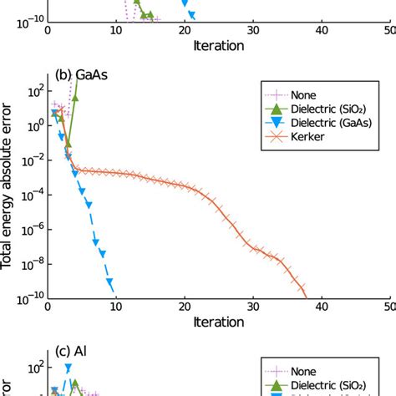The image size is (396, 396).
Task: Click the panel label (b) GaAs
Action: coord(81,74)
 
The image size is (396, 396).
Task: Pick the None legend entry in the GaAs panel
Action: coord(316,92)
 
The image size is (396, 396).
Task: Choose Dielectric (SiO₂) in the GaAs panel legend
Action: coord(338,107)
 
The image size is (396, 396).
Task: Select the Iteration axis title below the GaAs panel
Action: coord(218,322)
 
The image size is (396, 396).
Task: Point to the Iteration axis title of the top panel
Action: coord(218,44)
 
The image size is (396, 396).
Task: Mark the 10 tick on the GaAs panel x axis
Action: coord(115,307)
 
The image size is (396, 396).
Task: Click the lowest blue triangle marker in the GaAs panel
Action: coord(112,283)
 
